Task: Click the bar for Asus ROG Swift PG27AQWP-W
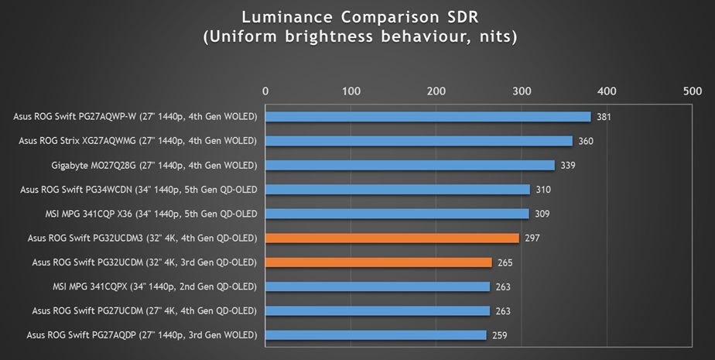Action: pyautogui.click(x=428, y=117)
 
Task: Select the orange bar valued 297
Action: pyautogui.click(x=392, y=238)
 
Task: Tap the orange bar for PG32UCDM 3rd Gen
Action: pyautogui.click(x=378, y=262)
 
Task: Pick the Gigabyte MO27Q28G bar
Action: pyautogui.click(x=410, y=165)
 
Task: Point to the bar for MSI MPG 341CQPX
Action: pyautogui.click(x=378, y=286)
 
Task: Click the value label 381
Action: pyautogui.click(x=604, y=117)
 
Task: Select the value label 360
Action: pyautogui.click(x=587, y=141)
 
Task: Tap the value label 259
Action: pyautogui.click(x=500, y=335)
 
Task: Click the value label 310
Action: pyautogui.click(x=544, y=190)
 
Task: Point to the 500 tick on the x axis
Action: pyautogui.click(x=692, y=91)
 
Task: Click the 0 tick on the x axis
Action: pyautogui.click(x=265, y=91)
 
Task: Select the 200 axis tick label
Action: pyautogui.click(x=436, y=91)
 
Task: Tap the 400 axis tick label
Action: pyautogui.click(x=607, y=91)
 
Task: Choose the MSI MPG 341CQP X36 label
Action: pyautogui.click(x=154, y=214)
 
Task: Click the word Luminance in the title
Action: pyautogui.click(x=282, y=16)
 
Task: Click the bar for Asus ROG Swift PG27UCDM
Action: pyautogui.click(x=378, y=310)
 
